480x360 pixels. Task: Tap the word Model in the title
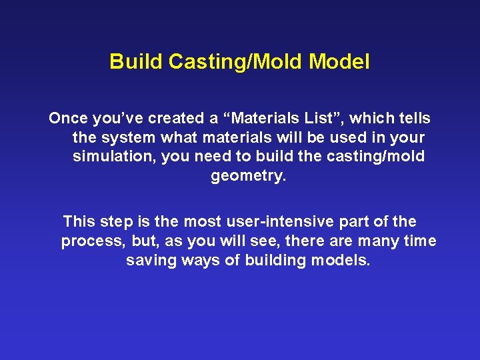point(339,62)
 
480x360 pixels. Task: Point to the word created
point(175,119)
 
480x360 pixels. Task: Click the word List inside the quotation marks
point(321,119)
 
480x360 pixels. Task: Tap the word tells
point(414,119)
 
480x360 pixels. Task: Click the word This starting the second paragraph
point(80,221)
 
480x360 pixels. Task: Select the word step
point(119,221)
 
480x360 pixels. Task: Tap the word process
point(89,241)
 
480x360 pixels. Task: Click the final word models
point(340,260)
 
